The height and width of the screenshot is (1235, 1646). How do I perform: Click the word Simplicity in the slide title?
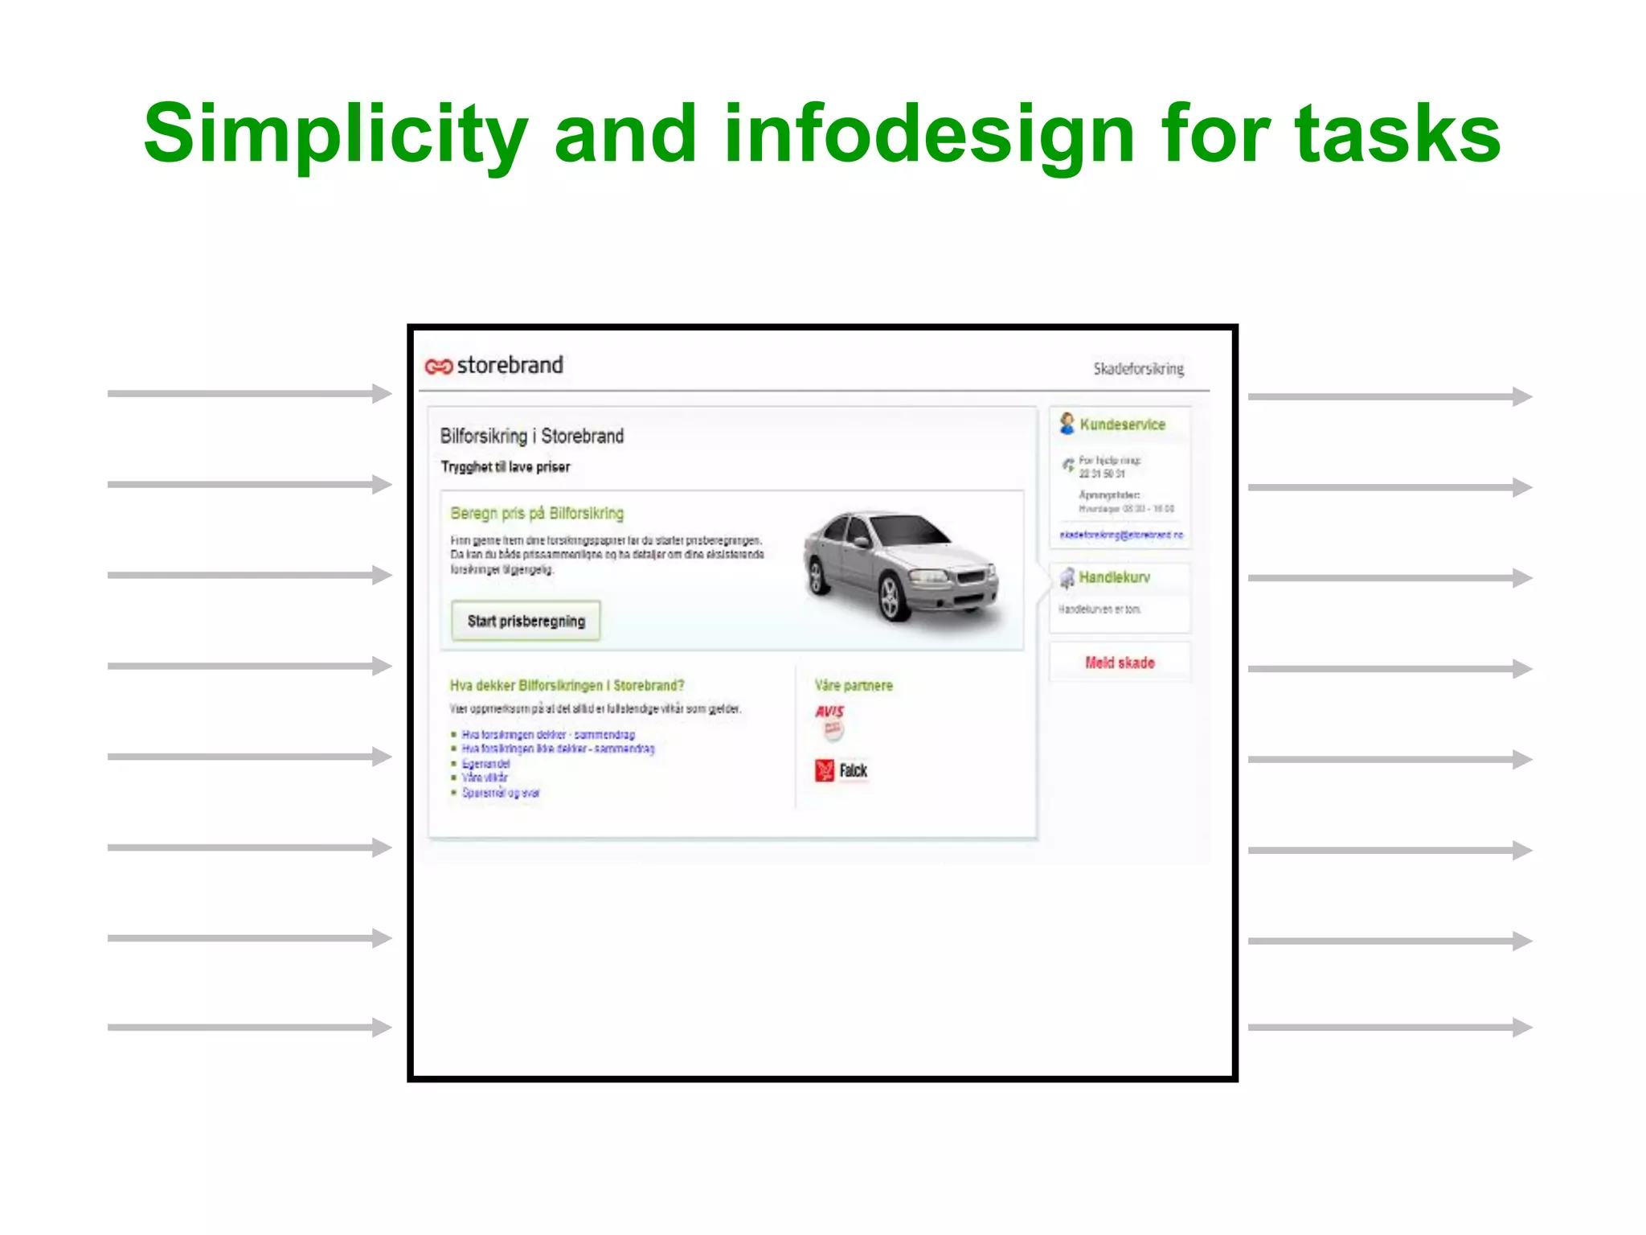335,134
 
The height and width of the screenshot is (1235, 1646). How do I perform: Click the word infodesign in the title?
928,134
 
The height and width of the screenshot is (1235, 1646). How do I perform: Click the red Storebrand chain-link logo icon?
439,367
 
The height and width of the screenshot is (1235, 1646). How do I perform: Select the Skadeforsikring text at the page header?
1138,369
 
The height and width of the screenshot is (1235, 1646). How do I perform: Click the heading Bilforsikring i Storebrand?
531,436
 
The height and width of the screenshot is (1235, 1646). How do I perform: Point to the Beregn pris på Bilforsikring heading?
537,513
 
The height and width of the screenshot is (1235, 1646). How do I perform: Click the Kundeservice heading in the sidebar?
1122,425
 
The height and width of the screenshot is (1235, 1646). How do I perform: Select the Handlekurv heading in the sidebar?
1114,577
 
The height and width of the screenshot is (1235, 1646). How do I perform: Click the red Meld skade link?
1120,663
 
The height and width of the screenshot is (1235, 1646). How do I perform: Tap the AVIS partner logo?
830,712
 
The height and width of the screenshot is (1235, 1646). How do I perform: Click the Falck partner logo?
841,770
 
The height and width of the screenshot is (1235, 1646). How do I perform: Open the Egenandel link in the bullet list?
485,764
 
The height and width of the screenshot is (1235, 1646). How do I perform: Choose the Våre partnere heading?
854,685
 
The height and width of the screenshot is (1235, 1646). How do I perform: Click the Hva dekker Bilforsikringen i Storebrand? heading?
567,685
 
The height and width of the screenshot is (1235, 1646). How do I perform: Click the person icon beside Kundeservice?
1067,423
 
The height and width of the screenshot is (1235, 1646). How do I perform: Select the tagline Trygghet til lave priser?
505,467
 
